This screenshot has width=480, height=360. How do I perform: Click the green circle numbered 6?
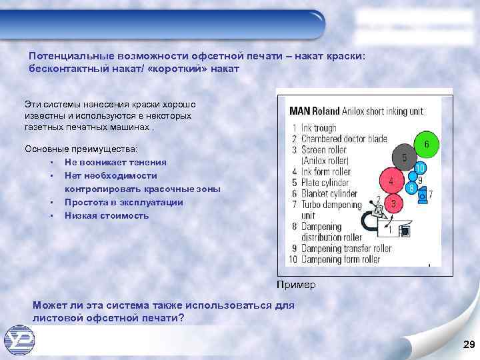coord(426,143)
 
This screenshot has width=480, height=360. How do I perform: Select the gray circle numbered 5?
coord(404,158)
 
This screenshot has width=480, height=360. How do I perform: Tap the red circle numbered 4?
coord(392,180)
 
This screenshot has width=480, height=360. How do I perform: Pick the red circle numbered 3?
coord(394,202)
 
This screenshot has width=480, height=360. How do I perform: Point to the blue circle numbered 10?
coord(420,167)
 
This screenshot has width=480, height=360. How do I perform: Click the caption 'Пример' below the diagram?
coord(296,285)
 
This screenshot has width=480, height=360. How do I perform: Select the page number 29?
coord(467,343)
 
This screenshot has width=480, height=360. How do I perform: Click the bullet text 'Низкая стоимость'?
coord(107,216)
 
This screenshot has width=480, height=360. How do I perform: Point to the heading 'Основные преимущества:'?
coord(80,148)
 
